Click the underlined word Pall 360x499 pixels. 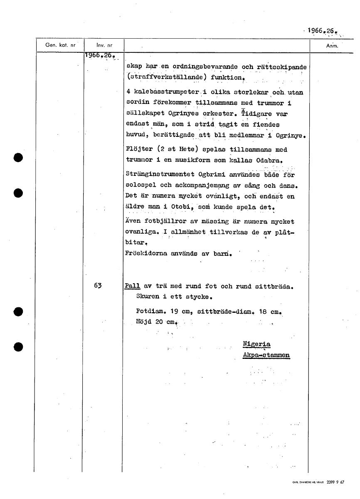[132, 286]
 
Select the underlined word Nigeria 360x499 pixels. [256, 344]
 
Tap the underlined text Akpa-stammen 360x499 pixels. [266, 355]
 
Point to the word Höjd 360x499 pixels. [144, 321]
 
